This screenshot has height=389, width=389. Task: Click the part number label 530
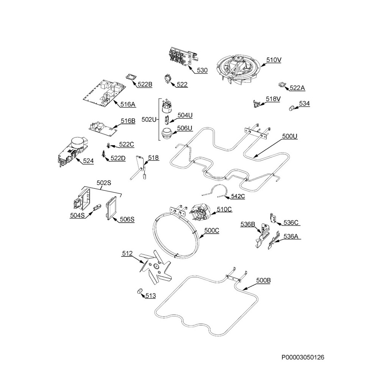[x=202, y=70]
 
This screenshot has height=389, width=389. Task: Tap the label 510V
[x=274, y=60]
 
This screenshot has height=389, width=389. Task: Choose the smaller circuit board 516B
[x=102, y=128]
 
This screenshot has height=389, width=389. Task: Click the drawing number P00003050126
[x=303, y=357]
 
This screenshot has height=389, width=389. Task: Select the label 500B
[x=263, y=280]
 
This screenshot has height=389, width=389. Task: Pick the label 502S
[x=104, y=183]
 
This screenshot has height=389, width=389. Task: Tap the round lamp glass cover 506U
[x=166, y=134]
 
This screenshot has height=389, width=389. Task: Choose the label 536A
[x=291, y=236]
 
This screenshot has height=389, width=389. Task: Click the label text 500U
[x=289, y=136]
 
